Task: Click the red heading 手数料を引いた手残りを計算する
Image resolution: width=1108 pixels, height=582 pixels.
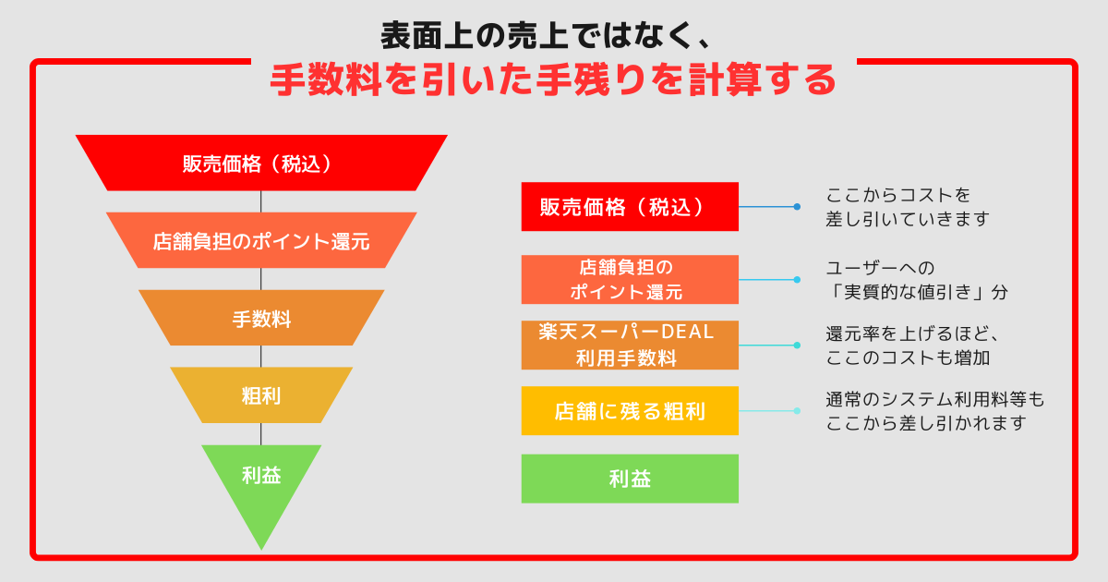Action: pyautogui.click(x=553, y=81)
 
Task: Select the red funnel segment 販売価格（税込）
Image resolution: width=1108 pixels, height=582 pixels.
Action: pyautogui.click(x=261, y=163)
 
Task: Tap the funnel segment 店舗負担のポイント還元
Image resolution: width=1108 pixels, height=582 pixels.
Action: pyautogui.click(x=261, y=241)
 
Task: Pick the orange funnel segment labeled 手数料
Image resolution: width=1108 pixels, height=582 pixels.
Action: pyautogui.click(x=261, y=319)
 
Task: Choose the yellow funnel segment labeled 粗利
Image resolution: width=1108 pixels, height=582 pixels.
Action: pyautogui.click(x=261, y=395)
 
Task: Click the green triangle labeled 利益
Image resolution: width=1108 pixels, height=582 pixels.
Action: pyautogui.click(x=261, y=480)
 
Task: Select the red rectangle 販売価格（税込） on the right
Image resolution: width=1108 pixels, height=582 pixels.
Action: pyautogui.click(x=630, y=206)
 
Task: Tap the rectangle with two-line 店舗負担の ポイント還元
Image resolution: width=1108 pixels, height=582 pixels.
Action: pyautogui.click(x=630, y=279)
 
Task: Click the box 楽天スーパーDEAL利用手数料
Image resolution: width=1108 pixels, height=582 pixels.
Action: pyautogui.click(x=630, y=345)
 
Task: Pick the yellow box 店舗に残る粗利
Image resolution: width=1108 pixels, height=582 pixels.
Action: pyautogui.click(x=630, y=411)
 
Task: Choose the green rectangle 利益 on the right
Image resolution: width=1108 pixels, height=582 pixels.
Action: pyautogui.click(x=630, y=479)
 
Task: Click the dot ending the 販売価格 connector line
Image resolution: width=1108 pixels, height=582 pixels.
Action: pyautogui.click(x=797, y=207)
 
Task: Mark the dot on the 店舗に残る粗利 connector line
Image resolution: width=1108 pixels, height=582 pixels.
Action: pyautogui.click(x=797, y=411)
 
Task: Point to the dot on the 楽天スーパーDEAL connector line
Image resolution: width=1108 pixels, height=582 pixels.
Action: pyautogui.click(x=797, y=345)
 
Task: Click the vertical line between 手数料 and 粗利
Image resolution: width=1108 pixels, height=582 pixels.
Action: pyautogui.click(x=261, y=357)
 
